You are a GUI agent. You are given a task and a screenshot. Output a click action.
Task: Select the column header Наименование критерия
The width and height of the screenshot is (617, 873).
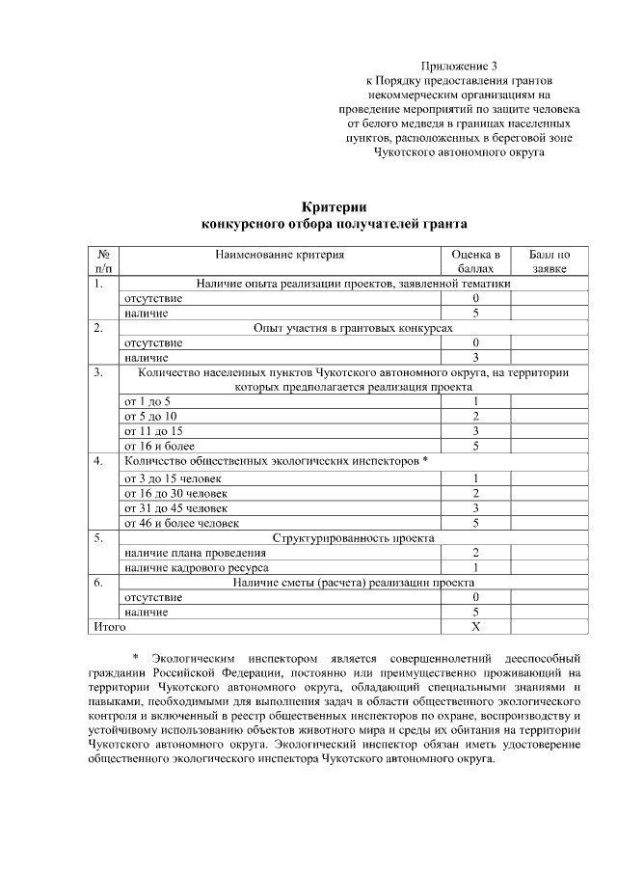[x=280, y=255]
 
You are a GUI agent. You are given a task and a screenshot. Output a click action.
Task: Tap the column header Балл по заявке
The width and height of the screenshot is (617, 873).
[x=550, y=261]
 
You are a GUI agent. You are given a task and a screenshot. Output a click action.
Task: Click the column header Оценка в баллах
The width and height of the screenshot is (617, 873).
[x=476, y=261]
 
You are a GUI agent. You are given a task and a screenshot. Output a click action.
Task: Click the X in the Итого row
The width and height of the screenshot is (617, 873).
[x=475, y=626]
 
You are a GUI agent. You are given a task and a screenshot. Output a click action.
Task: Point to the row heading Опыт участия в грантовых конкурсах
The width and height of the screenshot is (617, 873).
[x=353, y=328]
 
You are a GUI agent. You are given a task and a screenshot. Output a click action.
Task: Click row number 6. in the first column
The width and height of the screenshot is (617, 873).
[x=98, y=583]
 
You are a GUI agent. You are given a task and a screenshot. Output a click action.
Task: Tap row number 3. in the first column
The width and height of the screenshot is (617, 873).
[x=98, y=371]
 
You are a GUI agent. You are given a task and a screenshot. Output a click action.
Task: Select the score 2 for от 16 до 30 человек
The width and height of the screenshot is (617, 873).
[x=475, y=493]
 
